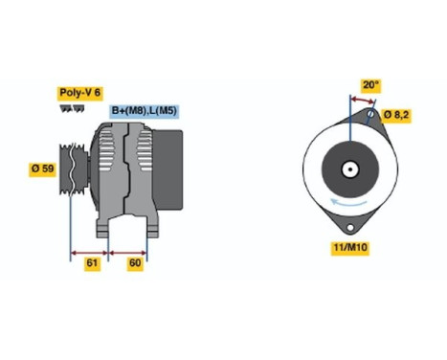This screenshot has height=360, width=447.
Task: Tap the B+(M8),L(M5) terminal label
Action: click(145, 111)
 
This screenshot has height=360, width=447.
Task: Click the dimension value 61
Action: click(92, 262)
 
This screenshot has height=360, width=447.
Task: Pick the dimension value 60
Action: click(134, 262)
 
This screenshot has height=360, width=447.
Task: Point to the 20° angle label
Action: click(369, 83)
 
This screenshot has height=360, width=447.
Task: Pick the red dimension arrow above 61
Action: click(90, 254)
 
